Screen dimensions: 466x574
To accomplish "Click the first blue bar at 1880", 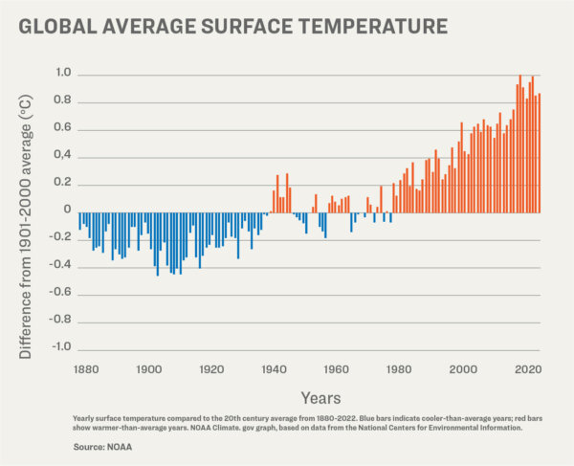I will (x=79, y=221).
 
